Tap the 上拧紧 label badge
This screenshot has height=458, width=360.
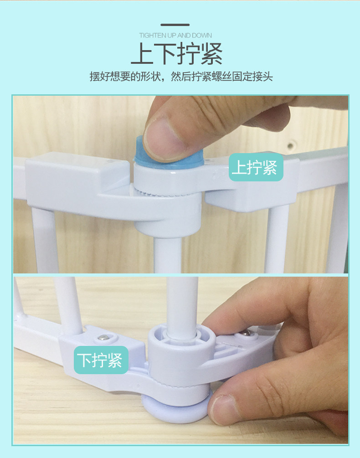[x=256, y=167]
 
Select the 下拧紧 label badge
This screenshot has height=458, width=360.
[x=101, y=360]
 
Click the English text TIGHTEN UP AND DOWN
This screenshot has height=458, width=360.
[x=175, y=36]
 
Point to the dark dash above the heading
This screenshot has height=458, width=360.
[x=175, y=25]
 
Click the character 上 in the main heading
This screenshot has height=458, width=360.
[x=142, y=53]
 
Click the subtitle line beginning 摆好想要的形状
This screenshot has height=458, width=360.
[x=181, y=77]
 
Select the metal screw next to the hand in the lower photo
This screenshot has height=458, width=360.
[x=247, y=333]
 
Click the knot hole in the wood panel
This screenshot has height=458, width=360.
[x=291, y=145]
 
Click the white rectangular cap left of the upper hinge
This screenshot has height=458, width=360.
[x=77, y=178]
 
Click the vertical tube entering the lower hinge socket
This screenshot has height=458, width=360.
[x=182, y=307]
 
